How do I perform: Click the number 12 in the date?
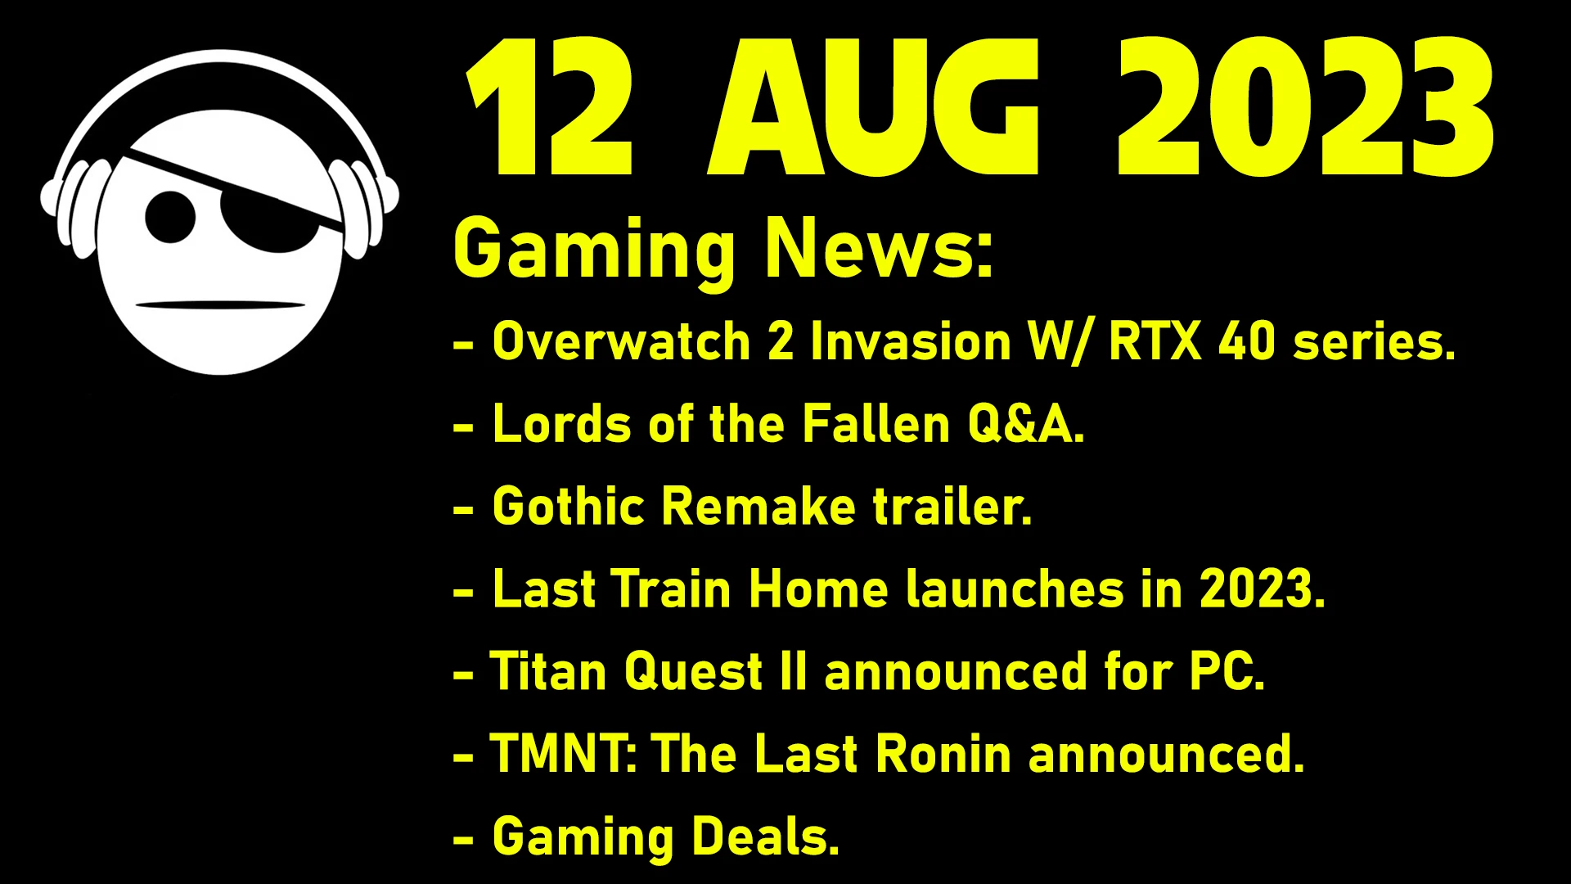pyautogui.click(x=550, y=106)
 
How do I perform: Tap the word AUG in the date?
pyautogui.click(x=874, y=106)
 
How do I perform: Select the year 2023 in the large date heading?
pyautogui.click(x=1306, y=106)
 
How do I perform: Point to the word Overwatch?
pyautogui.click(x=622, y=341)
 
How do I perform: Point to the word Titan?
pyautogui.click(x=548, y=672)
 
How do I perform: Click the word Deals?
pyautogui.click(x=766, y=837)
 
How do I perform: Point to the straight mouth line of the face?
pyautogui.click(x=220, y=305)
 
